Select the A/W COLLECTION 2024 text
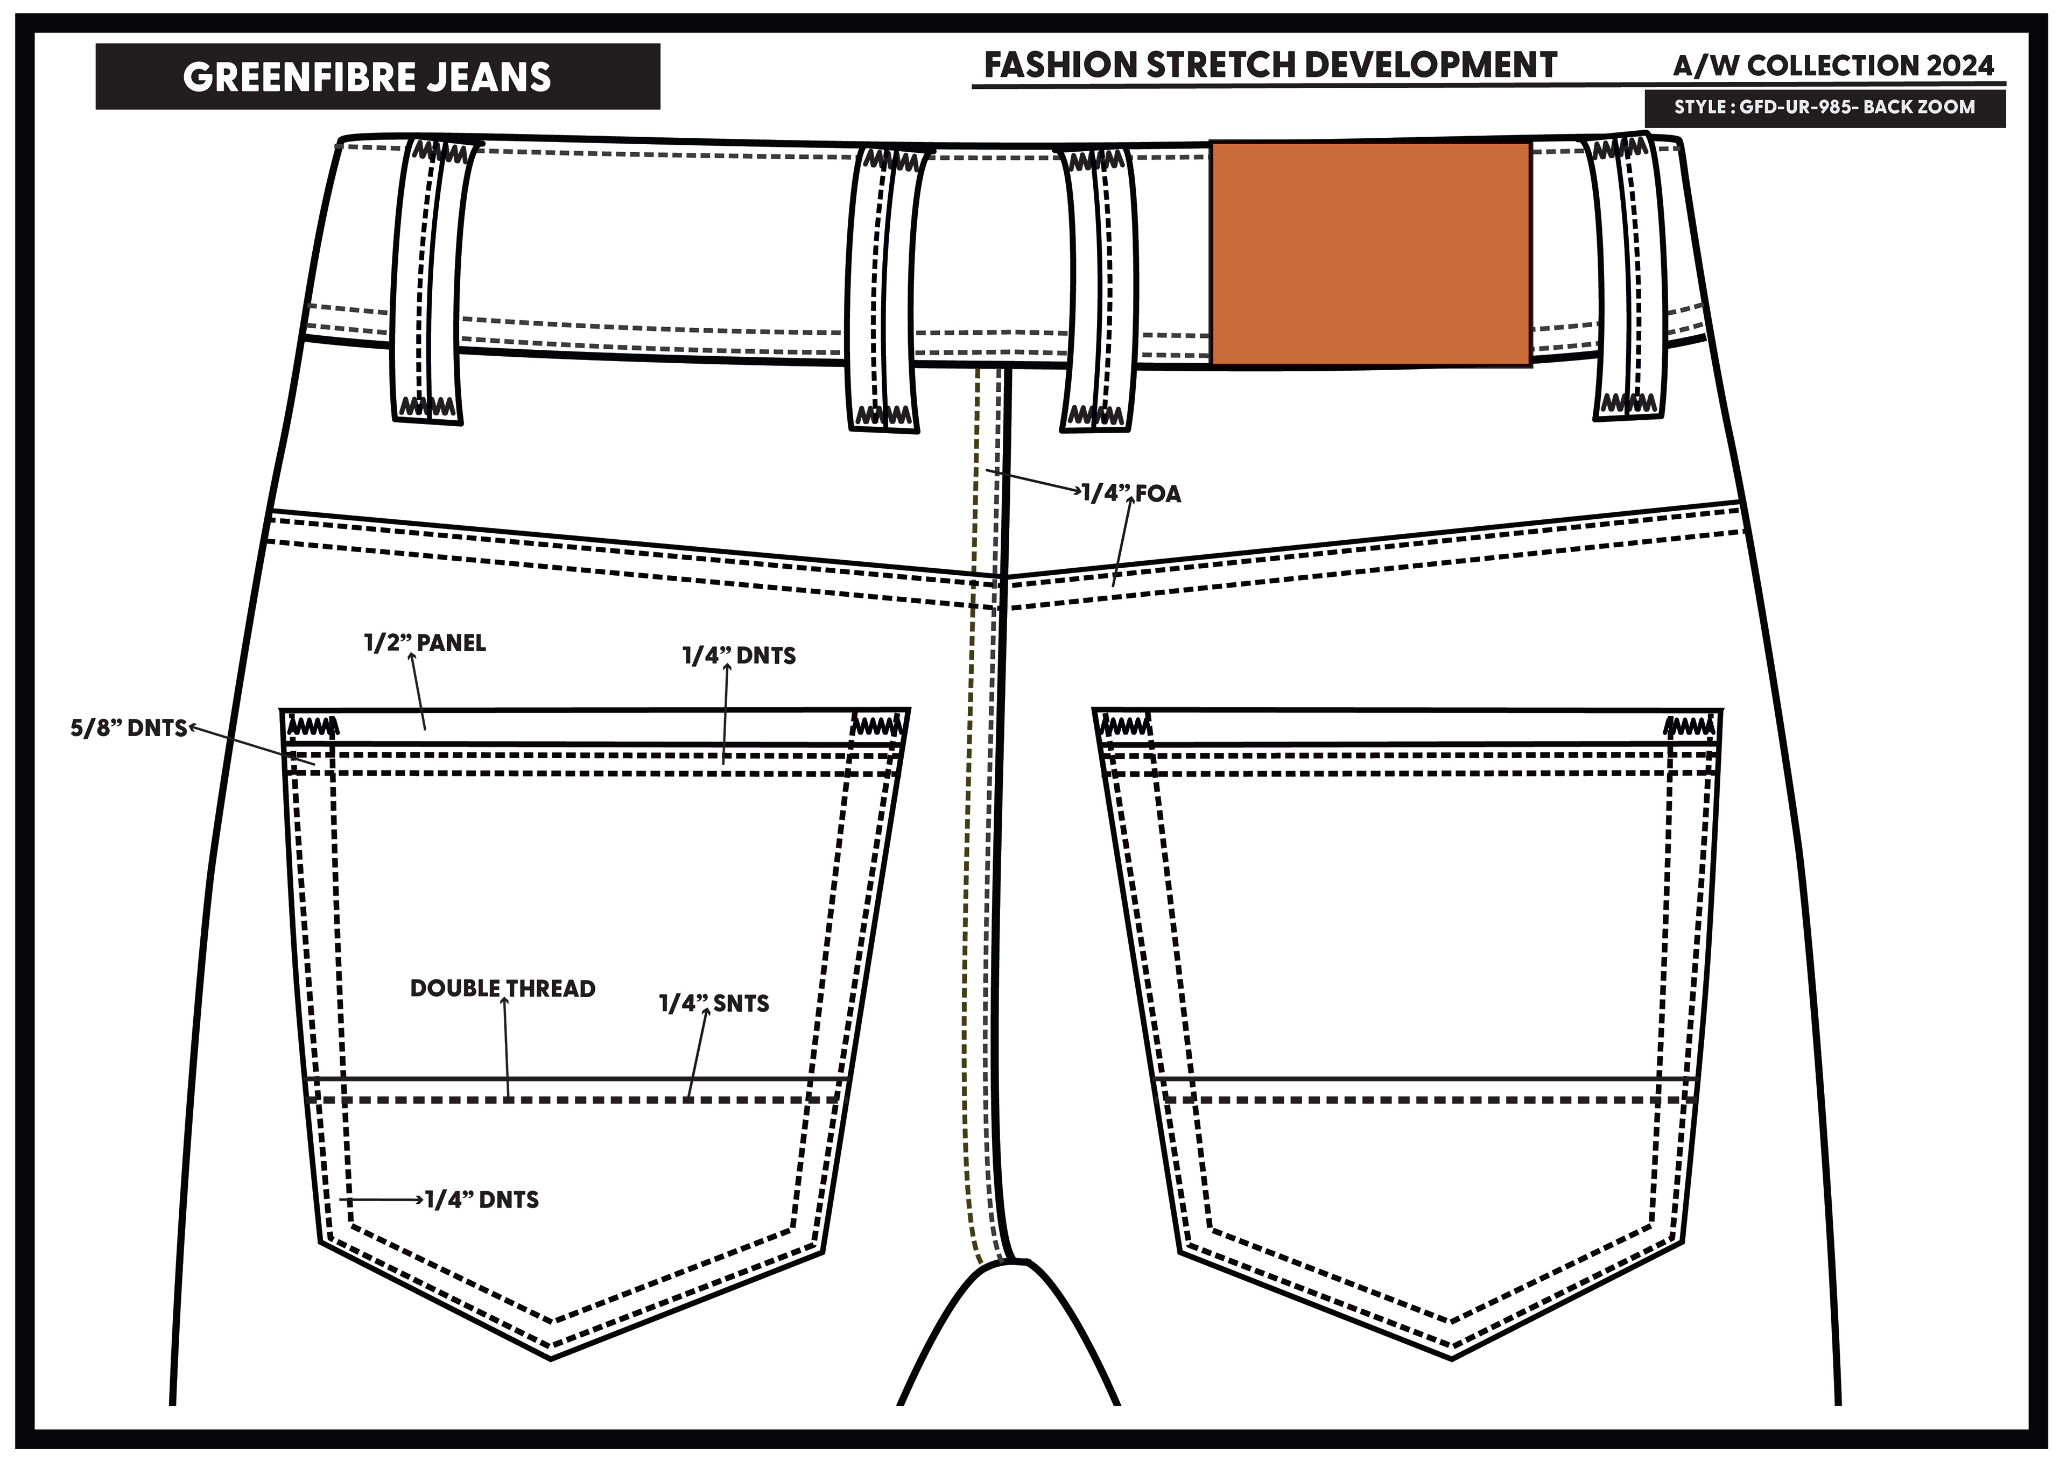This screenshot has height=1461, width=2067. click(1833, 66)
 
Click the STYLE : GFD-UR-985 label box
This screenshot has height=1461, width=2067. click(1824, 107)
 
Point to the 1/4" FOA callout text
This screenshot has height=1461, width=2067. click(1131, 493)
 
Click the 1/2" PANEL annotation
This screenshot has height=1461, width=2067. click(425, 643)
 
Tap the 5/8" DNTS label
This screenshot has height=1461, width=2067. click(128, 728)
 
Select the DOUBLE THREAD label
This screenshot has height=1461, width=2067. click(502, 989)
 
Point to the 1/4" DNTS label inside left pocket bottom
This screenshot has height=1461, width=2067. click(482, 1200)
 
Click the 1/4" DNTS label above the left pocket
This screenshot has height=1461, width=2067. click(739, 655)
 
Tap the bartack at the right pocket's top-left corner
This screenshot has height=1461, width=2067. click(1123, 725)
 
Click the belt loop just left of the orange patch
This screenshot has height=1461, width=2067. click(1098, 288)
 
